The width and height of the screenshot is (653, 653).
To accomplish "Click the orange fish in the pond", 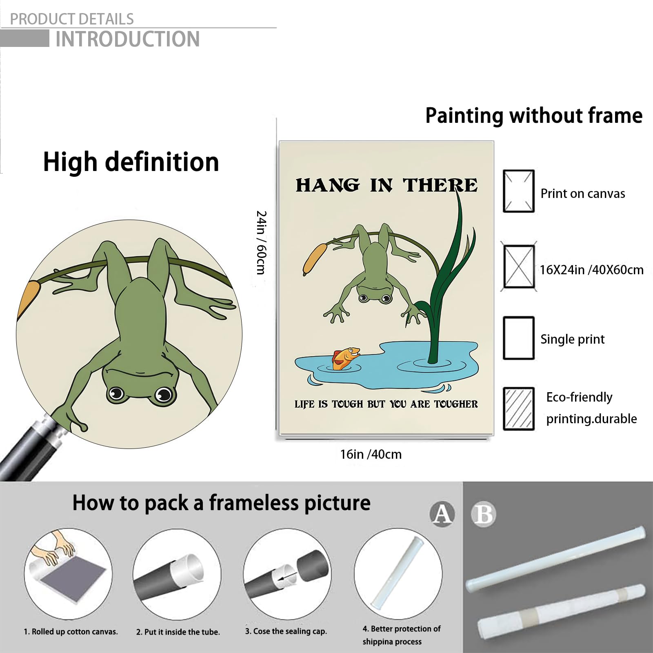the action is pyautogui.click(x=346, y=358).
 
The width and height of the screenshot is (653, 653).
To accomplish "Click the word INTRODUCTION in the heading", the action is pyautogui.click(x=127, y=39).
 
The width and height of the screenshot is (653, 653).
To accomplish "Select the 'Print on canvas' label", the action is pyautogui.click(x=583, y=193).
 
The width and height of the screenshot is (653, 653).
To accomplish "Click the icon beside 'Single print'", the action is pyautogui.click(x=519, y=338).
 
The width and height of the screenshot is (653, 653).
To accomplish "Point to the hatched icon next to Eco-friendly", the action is pyautogui.click(x=519, y=409).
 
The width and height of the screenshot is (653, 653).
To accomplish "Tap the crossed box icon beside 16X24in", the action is pyautogui.click(x=519, y=267).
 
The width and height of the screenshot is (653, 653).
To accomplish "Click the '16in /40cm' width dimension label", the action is pyautogui.click(x=371, y=454).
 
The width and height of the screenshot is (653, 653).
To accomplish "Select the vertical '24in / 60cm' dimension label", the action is pyautogui.click(x=261, y=242).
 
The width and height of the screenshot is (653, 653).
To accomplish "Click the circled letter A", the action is pyautogui.click(x=442, y=513).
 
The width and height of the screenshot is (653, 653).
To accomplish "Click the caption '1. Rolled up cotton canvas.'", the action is pyautogui.click(x=71, y=632).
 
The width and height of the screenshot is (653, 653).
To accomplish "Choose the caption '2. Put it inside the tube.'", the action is pyautogui.click(x=178, y=632).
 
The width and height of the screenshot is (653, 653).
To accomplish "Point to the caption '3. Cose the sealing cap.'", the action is pyautogui.click(x=286, y=631).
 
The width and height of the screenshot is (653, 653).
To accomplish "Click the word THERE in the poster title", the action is pyautogui.click(x=440, y=185).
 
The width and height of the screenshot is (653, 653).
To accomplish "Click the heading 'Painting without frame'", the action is pyautogui.click(x=534, y=115).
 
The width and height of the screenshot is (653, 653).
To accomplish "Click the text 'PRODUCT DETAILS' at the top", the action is pyautogui.click(x=72, y=19).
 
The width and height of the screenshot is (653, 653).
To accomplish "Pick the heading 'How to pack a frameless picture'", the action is pyautogui.click(x=221, y=503).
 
